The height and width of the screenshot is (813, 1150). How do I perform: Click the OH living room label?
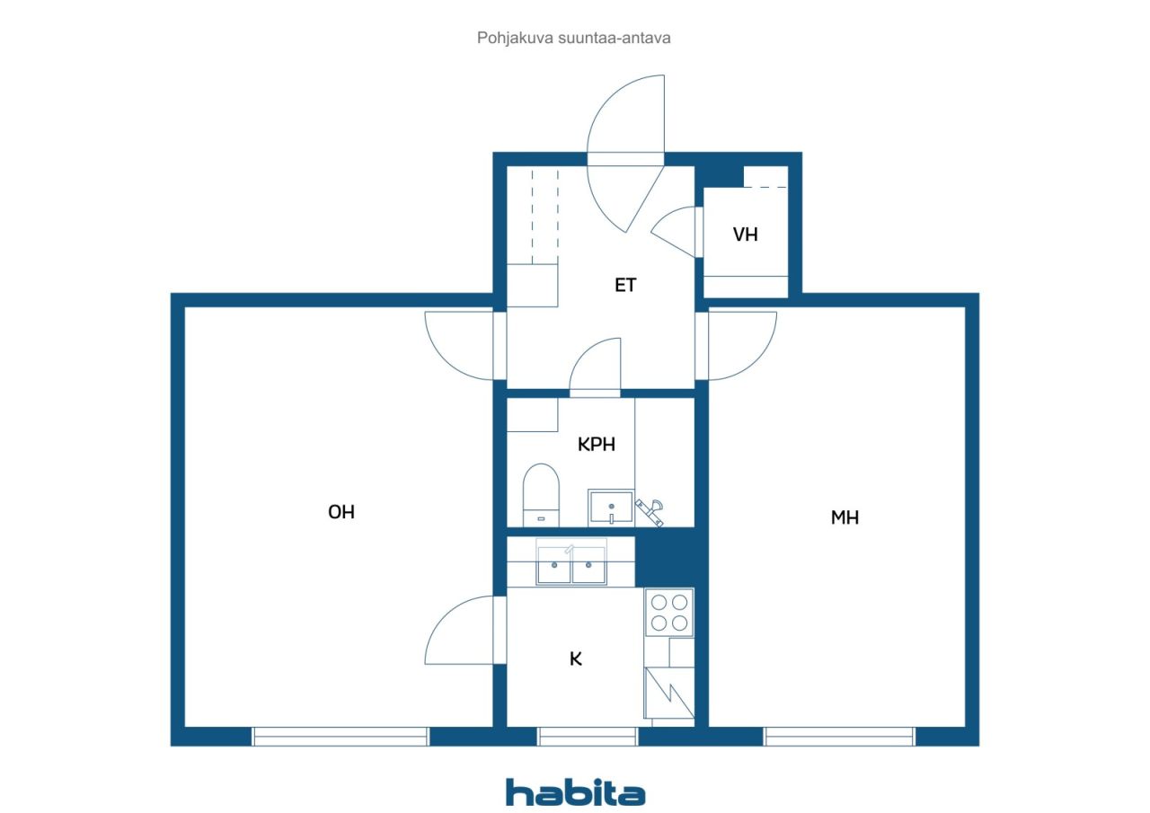click(341, 512)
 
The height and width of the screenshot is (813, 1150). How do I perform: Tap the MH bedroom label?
click(845, 517)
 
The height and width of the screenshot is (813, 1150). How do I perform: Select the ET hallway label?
click(625, 285)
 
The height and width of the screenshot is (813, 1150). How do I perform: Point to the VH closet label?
click(745, 234)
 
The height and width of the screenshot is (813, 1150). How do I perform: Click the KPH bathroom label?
click(596, 445)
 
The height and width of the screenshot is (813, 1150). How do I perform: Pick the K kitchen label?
click(576, 658)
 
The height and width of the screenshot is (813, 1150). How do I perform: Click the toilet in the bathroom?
click(541, 495)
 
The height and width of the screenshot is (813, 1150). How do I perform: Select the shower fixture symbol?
click(650, 512)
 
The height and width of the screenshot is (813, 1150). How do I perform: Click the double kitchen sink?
click(571, 562)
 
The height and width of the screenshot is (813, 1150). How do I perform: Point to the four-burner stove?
click(669, 613)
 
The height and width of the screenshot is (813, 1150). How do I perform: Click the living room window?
click(341, 736)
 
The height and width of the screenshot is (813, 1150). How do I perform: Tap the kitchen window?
click(588, 736)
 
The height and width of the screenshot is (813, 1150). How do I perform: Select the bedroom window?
click(839, 736)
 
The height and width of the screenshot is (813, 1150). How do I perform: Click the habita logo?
click(575, 792)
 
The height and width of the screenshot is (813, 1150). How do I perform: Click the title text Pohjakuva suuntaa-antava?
click(573, 38)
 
